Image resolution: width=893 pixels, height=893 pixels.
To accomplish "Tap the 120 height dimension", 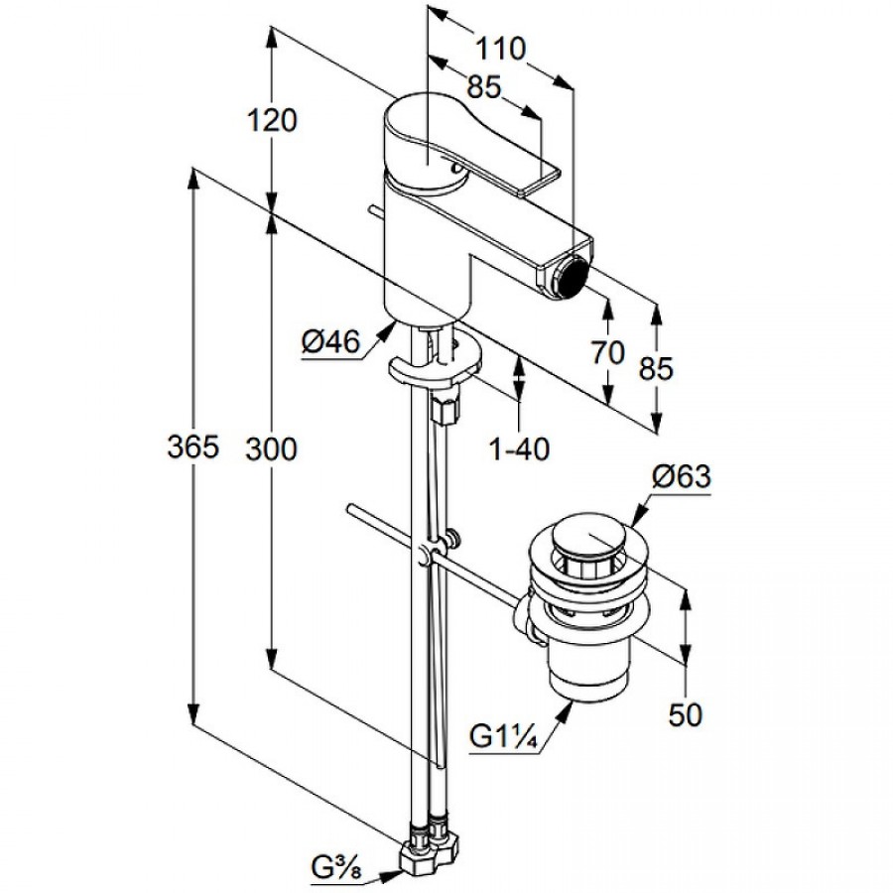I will pos(272,121).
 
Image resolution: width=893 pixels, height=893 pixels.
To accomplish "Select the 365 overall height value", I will pos(191,448).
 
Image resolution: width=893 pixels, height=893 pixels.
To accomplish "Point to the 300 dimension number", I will pos(272,448).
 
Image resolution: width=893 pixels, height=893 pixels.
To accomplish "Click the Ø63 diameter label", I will pos(682,477).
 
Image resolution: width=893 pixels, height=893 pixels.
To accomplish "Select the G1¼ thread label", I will pos(504,738).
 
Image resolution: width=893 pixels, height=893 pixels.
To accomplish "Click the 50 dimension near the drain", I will pos(685,713).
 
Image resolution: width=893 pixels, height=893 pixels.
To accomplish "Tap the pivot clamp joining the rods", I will pos(429,553).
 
